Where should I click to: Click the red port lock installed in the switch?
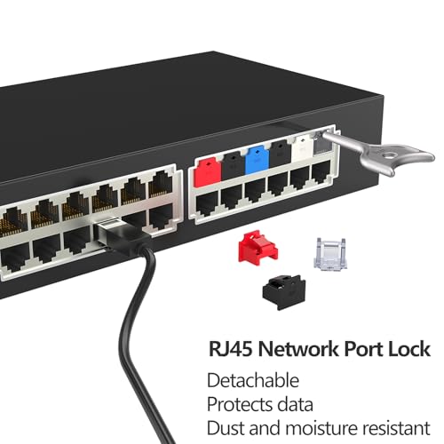209,171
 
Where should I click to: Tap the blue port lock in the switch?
258,161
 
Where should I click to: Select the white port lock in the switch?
302,148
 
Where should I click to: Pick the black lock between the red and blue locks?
234,166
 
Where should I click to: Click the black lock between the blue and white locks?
281,154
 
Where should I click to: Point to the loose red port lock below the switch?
258,248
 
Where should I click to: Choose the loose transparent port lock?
330,254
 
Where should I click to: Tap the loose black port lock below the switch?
284,292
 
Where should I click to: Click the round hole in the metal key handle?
387,155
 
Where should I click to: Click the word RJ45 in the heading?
231,349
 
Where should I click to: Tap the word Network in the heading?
298,349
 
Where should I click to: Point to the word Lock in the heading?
409,349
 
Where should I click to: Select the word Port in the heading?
363,350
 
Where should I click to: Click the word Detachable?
253,380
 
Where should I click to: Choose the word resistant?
397,428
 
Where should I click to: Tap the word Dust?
226,428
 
